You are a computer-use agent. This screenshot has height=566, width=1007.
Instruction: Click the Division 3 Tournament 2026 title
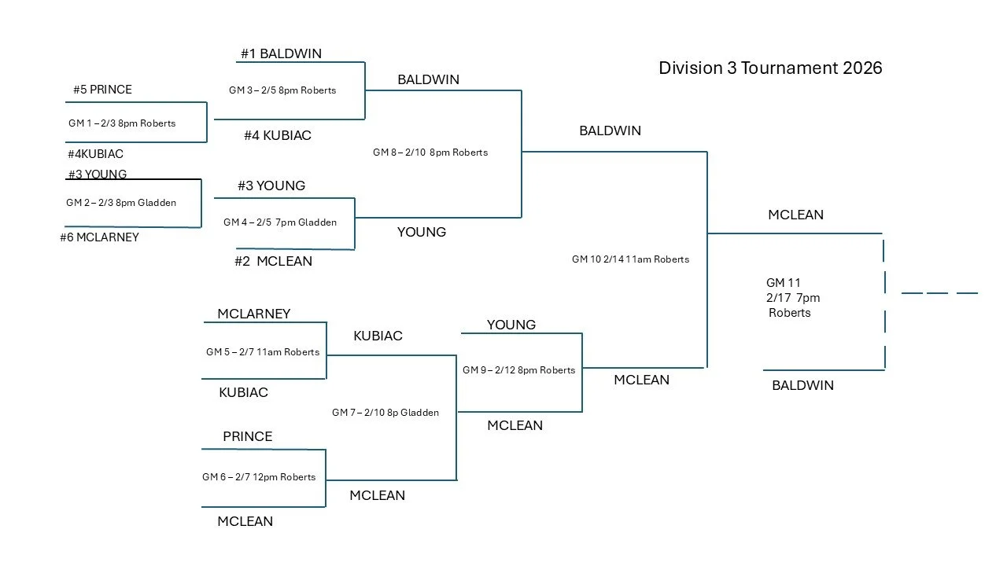click(x=770, y=68)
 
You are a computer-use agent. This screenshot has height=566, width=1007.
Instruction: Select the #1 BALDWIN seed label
click(x=281, y=53)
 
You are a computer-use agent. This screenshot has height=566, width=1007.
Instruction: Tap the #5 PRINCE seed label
click(x=102, y=89)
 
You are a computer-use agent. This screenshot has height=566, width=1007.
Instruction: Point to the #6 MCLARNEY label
click(x=99, y=237)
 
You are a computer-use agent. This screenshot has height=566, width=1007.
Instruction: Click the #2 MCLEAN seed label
click(x=273, y=261)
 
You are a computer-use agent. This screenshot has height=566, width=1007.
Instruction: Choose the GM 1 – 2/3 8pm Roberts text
click(x=122, y=123)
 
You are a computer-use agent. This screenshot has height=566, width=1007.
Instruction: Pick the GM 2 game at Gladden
click(x=121, y=202)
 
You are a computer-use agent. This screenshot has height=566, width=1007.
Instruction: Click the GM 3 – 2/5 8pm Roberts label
click(x=282, y=90)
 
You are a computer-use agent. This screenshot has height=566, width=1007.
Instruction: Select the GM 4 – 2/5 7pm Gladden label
click(x=280, y=222)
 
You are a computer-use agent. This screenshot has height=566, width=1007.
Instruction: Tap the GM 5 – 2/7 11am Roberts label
click(x=263, y=351)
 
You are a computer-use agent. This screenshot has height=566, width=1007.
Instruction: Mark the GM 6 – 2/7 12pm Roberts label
click(x=259, y=476)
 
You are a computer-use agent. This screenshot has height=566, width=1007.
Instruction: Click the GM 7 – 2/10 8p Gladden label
click(x=385, y=412)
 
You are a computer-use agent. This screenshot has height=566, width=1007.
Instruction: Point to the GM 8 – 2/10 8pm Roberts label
click(x=430, y=152)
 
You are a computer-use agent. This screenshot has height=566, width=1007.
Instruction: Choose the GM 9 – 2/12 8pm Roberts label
click(x=518, y=369)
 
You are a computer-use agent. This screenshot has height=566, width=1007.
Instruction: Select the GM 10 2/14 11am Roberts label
click(x=630, y=259)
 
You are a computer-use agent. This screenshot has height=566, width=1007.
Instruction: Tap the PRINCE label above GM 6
click(x=247, y=436)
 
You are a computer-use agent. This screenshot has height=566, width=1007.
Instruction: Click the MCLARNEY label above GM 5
click(x=253, y=314)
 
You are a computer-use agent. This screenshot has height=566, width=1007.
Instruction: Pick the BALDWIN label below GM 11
click(x=802, y=385)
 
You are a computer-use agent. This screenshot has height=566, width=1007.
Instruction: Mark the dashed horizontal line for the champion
click(x=939, y=293)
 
